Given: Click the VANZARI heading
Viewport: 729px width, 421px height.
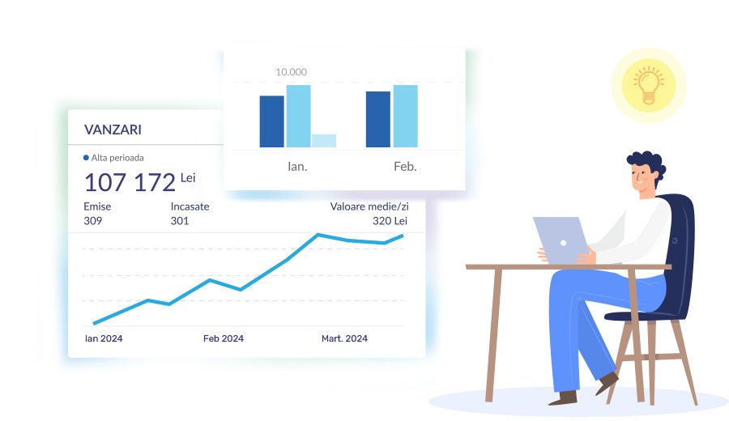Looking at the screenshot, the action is click(113, 130).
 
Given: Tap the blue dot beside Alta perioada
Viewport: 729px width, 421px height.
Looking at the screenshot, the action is click(86, 158).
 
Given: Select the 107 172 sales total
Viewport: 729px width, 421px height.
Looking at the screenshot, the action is click(130, 182).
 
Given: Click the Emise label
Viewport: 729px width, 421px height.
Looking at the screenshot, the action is click(97, 206).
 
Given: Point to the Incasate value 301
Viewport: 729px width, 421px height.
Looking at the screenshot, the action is click(180, 221).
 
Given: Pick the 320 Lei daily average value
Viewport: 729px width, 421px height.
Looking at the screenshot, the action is click(390, 221).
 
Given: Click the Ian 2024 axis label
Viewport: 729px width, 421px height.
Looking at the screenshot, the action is click(104, 338).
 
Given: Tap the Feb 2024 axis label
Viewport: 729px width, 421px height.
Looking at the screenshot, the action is click(224, 338).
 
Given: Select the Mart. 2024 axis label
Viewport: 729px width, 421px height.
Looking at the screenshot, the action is click(344, 338).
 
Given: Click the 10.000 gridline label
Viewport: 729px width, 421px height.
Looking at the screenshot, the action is click(291, 72).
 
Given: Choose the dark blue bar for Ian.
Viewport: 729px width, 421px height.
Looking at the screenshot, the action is click(271, 121).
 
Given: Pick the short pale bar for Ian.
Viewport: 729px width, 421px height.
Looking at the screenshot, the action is click(324, 141).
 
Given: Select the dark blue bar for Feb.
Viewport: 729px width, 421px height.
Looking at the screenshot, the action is click(378, 120).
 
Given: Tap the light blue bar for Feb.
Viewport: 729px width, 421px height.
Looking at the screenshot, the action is click(406, 116).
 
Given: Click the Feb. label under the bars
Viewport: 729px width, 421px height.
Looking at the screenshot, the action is click(405, 166).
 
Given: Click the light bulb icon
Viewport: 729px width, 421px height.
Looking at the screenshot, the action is click(649, 85).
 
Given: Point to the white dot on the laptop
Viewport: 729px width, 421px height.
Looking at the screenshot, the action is click(563, 243).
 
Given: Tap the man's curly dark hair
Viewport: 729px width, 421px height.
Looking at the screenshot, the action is click(647, 164).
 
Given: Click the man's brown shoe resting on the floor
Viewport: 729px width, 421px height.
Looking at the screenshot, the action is click(563, 398).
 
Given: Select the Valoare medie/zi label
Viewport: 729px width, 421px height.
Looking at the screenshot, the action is click(369, 206).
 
